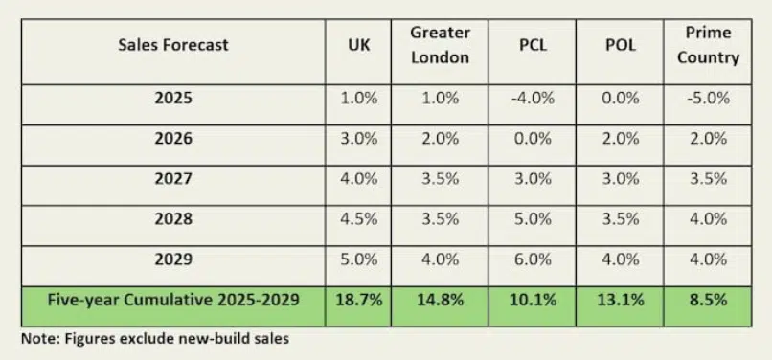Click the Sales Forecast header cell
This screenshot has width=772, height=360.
[173, 45]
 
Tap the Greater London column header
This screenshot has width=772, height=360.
[440, 45]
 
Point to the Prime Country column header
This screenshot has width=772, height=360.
[708, 45]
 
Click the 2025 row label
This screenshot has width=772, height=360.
[173, 99]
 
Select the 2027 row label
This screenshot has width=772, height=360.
[173, 179]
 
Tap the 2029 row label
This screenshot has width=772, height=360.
[173, 259]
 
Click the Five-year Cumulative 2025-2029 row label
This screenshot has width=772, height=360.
[173, 300]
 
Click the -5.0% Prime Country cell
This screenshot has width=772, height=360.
[708, 99]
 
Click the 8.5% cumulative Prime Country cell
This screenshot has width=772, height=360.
[708, 300]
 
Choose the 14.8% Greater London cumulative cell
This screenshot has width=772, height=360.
[440, 300]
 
